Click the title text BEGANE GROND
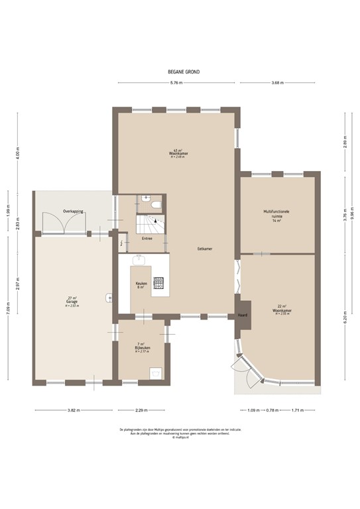tap(184, 72)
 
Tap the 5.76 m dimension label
tap(176, 83)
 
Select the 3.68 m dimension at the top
tap(277, 83)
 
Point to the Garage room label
tap(72, 302)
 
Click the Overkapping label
tap(72, 211)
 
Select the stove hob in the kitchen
tap(159, 284)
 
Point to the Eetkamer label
tap(205, 249)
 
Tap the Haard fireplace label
tap(242, 316)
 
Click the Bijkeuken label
tap(143, 347)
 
